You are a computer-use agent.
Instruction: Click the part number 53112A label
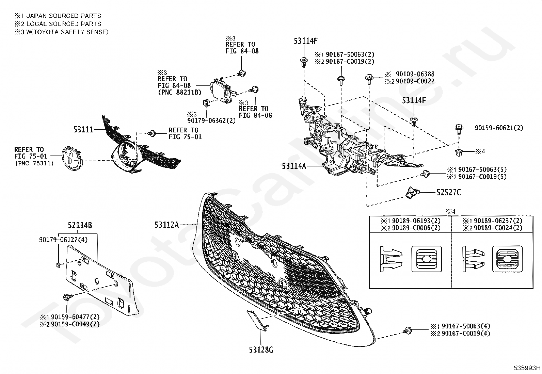(166, 225)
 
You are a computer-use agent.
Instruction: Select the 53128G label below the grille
(261, 349)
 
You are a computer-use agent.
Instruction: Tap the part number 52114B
(80, 225)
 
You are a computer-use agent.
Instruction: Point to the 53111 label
(83, 129)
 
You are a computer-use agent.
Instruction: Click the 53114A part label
(294, 166)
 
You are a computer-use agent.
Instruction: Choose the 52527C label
(448, 193)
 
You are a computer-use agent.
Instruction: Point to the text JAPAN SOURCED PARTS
(63, 16)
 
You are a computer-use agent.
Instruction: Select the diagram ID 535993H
(527, 368)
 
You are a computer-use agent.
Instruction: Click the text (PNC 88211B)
(179, 92)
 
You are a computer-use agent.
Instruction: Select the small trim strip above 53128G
(256, 320)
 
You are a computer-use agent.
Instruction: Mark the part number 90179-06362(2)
(211, 121)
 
